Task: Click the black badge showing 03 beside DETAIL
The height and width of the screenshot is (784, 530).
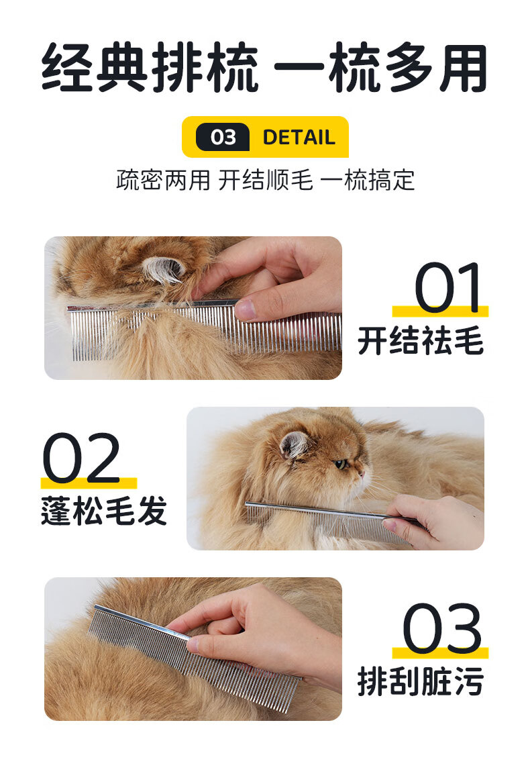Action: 222,137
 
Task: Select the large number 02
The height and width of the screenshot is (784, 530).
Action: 81,458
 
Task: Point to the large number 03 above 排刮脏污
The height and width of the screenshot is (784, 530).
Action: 442,628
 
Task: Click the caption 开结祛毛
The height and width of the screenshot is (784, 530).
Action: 421,340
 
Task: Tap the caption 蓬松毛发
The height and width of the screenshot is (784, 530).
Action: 104,511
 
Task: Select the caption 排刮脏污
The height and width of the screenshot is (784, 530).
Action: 421,681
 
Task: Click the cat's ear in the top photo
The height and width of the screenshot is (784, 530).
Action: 163,269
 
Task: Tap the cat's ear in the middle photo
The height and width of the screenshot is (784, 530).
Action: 295,444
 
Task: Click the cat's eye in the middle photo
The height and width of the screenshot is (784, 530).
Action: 341,464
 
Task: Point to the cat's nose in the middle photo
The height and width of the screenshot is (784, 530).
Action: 362,473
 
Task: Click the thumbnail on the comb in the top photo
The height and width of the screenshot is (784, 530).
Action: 246,309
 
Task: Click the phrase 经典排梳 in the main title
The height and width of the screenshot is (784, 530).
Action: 150,68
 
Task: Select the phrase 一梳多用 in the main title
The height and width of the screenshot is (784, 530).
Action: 380,68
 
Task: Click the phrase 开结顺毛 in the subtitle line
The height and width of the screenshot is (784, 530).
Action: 266,180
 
